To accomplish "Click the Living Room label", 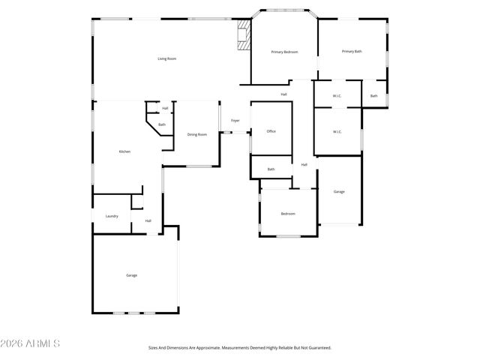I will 166,58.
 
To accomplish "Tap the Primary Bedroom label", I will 284,52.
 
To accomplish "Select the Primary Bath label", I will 352,51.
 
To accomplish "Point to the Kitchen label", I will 124,152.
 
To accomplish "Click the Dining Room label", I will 197,134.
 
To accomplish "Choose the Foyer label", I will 235,120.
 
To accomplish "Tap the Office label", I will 271,131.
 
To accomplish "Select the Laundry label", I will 112,216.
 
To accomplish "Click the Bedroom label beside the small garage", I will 288,214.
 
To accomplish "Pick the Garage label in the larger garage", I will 131,275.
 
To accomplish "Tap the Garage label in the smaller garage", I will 339,192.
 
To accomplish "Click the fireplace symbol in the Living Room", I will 243,34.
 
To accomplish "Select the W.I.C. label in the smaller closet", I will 337,95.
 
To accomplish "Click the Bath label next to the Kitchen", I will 161,124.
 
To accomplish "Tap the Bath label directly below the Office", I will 271,169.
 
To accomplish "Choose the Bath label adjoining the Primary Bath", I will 373,95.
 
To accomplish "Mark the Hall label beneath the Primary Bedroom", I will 283,94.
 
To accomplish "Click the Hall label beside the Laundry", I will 148,220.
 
